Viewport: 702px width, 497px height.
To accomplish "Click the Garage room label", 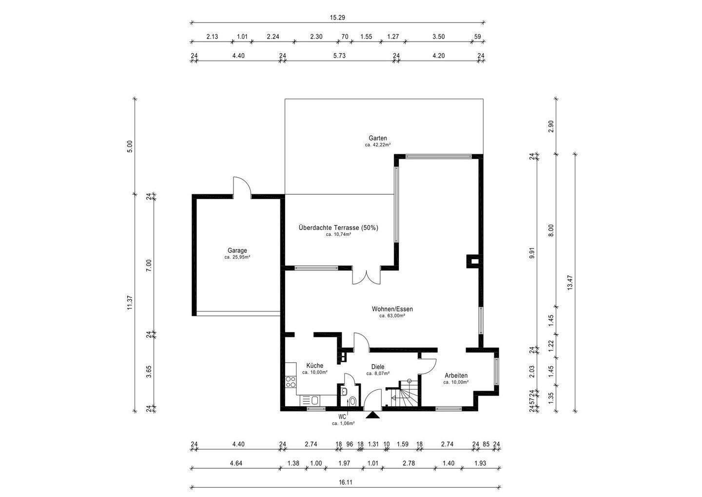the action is coord(237,250).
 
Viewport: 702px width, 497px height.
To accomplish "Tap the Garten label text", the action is coord(378,138).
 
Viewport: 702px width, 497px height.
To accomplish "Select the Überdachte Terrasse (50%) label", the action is coord(338,228).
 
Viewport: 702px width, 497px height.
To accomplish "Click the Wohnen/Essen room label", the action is coord(392,309).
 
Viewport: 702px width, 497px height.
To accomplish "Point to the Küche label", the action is coord(314,365).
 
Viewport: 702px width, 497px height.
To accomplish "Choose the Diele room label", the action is coord(378,367).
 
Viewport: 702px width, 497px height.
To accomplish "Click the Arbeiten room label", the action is coord(456,375).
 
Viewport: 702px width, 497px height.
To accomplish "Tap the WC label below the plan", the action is coord(342,416).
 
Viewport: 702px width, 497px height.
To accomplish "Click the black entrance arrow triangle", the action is coord(372,415).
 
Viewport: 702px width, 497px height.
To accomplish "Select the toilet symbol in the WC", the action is coord(353,401).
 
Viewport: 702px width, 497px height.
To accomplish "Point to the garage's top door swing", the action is coord(242,187).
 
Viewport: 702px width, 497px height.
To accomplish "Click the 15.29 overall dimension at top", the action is coord(337,18).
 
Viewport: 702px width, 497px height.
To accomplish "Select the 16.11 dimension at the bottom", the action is coord(345,482).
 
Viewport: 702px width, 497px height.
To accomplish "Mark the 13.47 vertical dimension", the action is coord(570,282).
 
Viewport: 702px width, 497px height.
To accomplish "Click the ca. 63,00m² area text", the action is coord(392,316).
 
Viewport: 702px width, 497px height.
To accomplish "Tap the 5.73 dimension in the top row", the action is coord(339,56).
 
